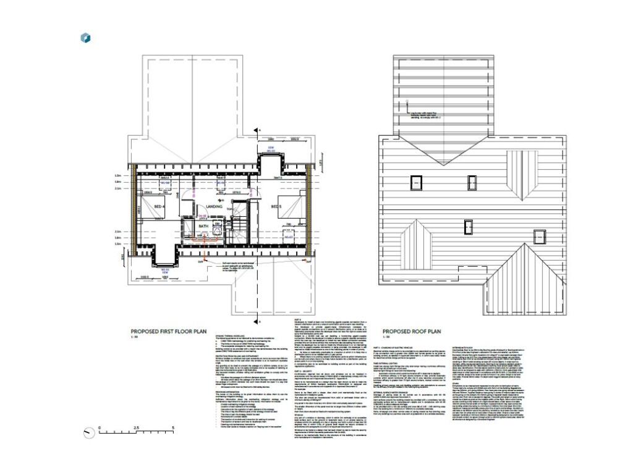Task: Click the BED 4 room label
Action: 159,206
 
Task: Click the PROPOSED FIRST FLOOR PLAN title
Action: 167,331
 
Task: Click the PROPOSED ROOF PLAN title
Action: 412,331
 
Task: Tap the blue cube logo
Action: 86,38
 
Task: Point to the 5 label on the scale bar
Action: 172,427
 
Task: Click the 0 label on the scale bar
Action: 100,427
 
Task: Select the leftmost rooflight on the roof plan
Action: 415,182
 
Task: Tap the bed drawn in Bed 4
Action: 152,210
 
